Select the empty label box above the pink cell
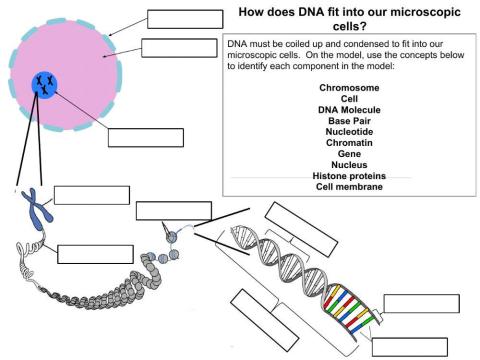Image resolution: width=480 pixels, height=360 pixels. click(184, 18)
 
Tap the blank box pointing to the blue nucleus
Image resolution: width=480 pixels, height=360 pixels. click(146, 138)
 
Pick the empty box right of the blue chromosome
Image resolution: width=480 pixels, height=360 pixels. click(91, 194)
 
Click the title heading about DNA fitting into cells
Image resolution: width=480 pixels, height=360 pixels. click(348, 19)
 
